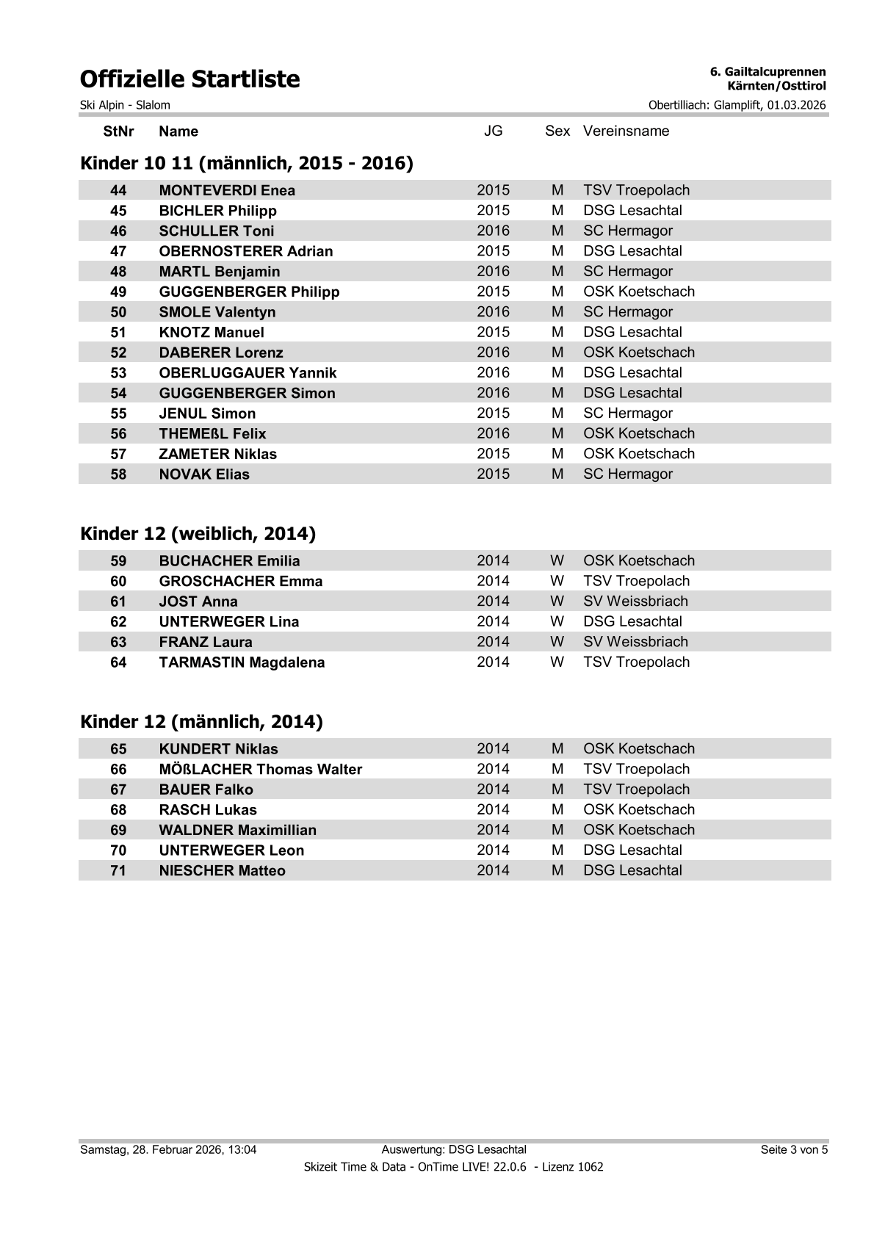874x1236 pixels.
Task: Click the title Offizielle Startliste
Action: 189,79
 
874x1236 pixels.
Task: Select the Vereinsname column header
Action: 626,131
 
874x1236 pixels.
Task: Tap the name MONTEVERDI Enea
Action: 227,190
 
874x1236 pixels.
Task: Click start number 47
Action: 118,251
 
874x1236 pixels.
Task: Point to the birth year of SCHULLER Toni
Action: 493,231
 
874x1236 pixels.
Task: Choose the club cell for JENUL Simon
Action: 627,413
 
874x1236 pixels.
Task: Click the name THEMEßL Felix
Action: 212,434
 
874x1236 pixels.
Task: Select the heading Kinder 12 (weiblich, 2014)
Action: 198,534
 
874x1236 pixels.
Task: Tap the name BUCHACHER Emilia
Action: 229,561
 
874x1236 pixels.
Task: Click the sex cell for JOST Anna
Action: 557,601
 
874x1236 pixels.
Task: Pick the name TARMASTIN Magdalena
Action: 242,662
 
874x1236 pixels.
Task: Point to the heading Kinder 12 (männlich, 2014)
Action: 201,722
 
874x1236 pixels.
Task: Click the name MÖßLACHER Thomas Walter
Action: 260,770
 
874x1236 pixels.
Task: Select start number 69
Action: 118,830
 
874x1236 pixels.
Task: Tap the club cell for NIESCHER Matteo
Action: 632,870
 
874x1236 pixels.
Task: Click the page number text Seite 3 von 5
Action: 794,1149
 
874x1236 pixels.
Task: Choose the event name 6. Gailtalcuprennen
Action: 768,72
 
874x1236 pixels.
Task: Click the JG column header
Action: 493,131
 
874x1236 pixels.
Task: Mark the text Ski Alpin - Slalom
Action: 125,105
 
